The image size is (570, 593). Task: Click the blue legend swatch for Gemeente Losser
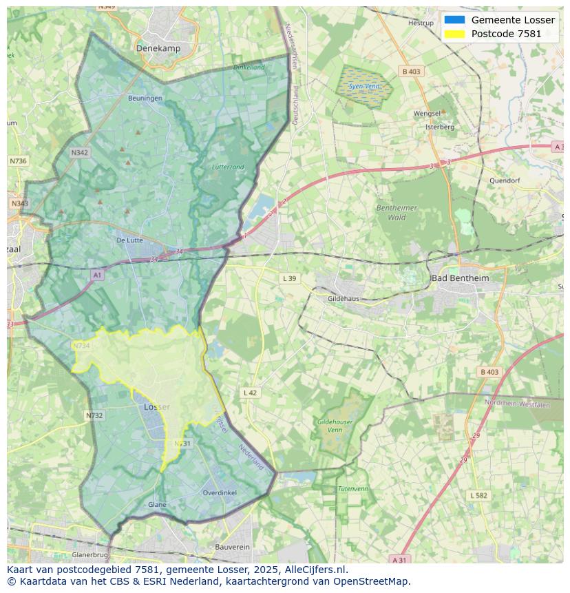pos(454,20)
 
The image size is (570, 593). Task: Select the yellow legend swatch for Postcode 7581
pos(454,34)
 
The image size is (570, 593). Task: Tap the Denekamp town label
pos(158,48)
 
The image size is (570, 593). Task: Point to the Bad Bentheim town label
pos(460,278)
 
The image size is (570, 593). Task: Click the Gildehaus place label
pos(344,299)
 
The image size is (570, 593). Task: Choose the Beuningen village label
pos(145,98)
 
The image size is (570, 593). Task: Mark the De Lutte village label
pos(129,240)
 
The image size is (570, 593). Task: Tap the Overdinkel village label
pos(220,492)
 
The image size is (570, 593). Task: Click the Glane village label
pos(157,505)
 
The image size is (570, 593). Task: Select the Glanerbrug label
pos(90,554)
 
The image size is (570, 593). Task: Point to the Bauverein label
pos(232,547)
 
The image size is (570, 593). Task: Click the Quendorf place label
pos(505,180)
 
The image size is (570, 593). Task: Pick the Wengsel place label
pos(427,114)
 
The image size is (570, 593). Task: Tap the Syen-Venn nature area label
pos(363,87)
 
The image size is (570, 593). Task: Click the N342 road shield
pos(79,153)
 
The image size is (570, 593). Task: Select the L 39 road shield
pos(289,278)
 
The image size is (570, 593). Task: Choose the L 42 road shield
pos(250,393)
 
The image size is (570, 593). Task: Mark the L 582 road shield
pos(478,495)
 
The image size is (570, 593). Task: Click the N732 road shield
pos(94,415)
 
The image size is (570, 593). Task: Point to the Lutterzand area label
pos(228,167)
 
